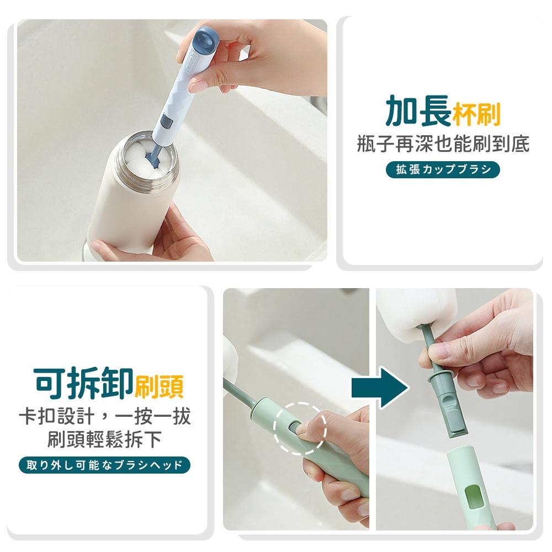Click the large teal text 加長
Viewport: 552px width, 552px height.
pos(418,111)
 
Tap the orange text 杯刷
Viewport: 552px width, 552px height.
pos(476,114)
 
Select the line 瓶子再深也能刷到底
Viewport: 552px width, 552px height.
pos(443,144)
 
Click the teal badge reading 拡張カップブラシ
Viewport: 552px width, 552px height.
pos(443,169)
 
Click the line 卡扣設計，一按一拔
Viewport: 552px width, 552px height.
pos(104,416)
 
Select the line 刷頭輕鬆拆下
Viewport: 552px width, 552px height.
pos(104,439)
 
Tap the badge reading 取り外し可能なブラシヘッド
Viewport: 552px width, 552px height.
pos(104,465)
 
